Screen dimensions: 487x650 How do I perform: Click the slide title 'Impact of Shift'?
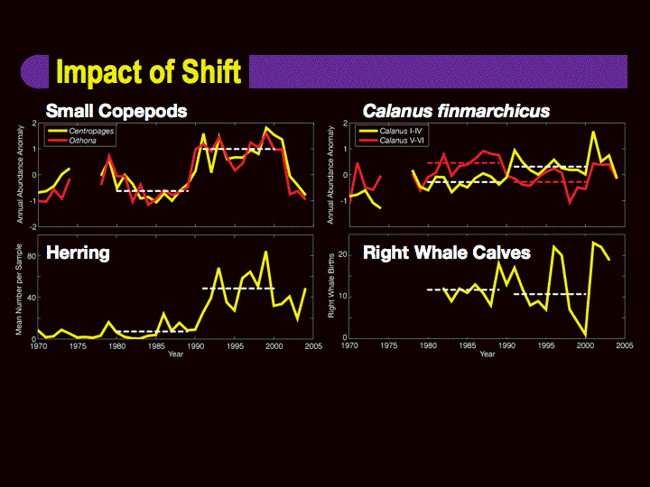tap(148, 71)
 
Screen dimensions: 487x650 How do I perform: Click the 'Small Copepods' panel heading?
tap(116, 111)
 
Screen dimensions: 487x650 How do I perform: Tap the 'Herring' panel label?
tap(78, 253)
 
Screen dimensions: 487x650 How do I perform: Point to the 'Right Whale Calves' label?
tap(446, 253)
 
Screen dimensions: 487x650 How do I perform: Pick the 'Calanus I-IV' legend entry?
tap(403, 131)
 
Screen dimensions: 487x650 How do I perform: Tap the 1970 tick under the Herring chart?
tap(39, 345)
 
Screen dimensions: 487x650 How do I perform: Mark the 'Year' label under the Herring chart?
tap(175, 354)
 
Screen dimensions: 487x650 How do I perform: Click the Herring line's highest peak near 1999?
tap(265, 253)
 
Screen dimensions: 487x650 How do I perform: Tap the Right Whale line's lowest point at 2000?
tap(586, 335)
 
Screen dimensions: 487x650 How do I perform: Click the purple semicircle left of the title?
tap(34, 71)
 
